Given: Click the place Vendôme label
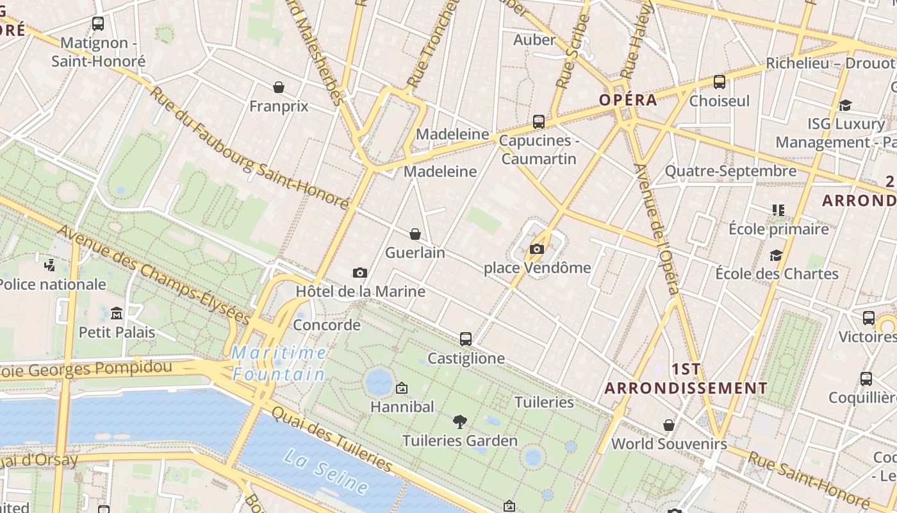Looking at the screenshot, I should (537, 267).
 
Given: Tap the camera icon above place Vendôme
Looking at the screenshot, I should (537, 249).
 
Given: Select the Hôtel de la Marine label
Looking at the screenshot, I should (360, 292).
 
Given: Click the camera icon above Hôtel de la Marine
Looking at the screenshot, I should (360, 273).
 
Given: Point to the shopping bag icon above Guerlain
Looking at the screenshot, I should (415, 234).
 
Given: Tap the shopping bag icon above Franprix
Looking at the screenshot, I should (279, 87).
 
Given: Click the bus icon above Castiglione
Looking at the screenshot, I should (466, 339).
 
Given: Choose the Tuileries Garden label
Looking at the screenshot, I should (459, 441).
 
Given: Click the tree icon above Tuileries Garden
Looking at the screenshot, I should (459, 422).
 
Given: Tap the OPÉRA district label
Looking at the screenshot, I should (628, 100).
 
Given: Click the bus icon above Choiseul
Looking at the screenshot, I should (720, 82).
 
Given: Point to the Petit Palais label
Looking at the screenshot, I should (117, 332).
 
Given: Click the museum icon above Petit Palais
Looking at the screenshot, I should (117, 314).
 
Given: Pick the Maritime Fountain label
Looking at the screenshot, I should (279, 363).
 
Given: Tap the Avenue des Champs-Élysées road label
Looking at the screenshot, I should (154, 276).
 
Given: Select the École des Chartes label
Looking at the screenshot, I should (777, 274).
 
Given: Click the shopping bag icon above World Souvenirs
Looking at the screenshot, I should (669, 425).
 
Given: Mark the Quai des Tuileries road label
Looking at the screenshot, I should (331, 439).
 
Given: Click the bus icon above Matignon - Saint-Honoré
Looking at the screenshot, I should (98, 24).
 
